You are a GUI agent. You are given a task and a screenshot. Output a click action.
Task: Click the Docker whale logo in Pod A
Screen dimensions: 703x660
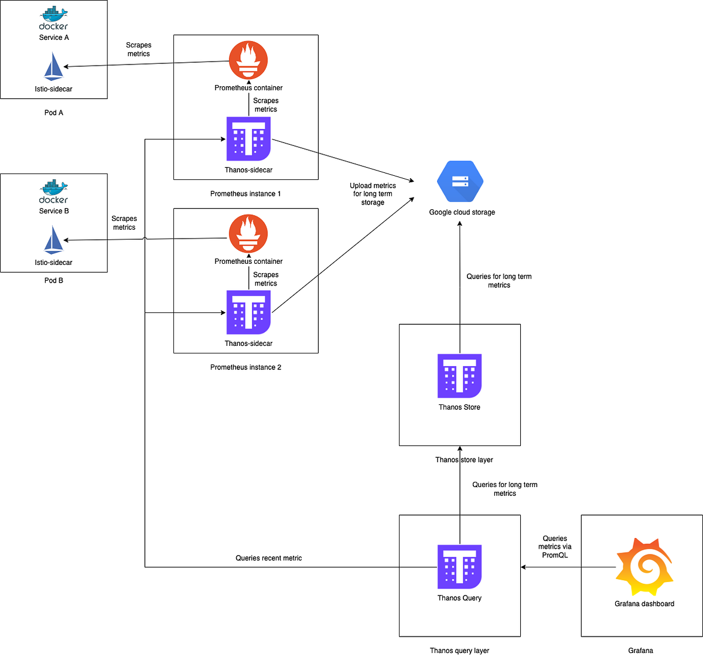(x=53, y=18)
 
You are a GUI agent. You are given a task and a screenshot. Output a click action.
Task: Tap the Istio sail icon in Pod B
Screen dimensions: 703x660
(x=53, y=240)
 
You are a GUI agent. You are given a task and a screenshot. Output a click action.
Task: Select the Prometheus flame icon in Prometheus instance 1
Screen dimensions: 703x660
(x=248, y=60)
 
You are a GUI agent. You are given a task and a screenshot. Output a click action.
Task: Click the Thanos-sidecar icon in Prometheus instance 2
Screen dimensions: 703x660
(x=248, y=312)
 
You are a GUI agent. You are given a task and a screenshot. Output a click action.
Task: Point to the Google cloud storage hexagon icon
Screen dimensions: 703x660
(x=460, y=181)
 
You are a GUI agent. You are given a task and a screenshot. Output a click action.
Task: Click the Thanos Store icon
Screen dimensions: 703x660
(x=459, y=376)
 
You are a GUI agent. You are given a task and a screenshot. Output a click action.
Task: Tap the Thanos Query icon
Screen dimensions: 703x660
(x=459, y=566)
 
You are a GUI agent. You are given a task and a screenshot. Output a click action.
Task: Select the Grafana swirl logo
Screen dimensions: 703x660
(x=644, y=566)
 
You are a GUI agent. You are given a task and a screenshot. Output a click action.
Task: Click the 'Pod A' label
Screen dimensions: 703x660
(x=53, y=113)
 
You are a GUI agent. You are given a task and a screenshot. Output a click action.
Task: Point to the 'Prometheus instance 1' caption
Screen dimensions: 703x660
(x=245, y=194)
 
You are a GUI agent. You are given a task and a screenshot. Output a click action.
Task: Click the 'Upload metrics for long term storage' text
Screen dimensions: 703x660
(x=373, y=194)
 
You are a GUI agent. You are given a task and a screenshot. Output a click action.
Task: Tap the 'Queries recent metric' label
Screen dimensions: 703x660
(x=269, y=558)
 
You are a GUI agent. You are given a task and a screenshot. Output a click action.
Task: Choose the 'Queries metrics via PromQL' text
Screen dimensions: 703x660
(x=555, y=547)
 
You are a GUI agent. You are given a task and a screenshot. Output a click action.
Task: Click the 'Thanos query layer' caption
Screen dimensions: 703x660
(x=459, y=651)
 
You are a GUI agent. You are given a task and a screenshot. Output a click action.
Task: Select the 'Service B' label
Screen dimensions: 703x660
(x=54, y=211)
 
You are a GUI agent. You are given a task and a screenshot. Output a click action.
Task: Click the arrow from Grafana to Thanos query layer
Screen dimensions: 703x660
(x=568, y=567)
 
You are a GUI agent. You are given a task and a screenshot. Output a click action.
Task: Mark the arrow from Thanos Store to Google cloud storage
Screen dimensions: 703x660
(x=459, y=287)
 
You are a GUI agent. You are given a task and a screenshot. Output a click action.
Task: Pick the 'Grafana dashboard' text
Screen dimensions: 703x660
(x=644, y=604)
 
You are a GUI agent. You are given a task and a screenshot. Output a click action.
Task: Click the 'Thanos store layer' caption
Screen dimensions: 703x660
(x=464, y=460)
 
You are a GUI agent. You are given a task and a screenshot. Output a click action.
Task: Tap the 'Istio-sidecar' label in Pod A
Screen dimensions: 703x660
(x=53, y=89)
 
